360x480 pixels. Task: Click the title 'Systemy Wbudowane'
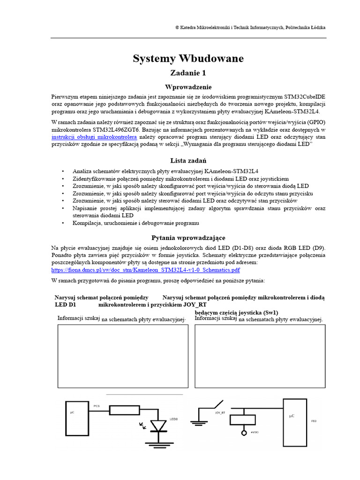click(x=188, y=59)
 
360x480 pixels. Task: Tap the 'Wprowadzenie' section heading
click(x=188, y=87)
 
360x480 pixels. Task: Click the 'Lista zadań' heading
click(x=188, y=161)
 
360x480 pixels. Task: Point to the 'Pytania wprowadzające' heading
click(x=188, y=238)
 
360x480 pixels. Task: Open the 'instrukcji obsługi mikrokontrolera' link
click(x=94, y=137)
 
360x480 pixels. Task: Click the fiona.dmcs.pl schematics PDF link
click(x=145, y=270)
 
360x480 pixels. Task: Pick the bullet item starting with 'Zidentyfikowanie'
click(x=180, y=179)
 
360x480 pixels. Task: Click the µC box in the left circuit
click(x=76, y=418)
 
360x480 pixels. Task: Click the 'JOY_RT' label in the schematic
click(x=220, y=412)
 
